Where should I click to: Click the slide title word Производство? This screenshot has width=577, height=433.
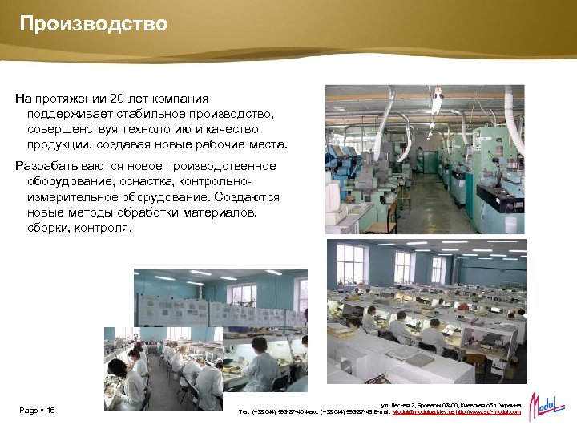(x=94, y=24)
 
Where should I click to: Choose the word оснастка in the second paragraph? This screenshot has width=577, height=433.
(x=119, y=181)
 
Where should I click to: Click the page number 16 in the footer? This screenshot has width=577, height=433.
(x=50, y=411)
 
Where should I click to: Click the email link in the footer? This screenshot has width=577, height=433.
(x=423, y=412)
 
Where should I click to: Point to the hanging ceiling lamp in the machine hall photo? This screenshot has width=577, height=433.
(x=436, y=103)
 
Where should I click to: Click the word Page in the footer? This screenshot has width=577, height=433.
(x=29, y=411)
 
